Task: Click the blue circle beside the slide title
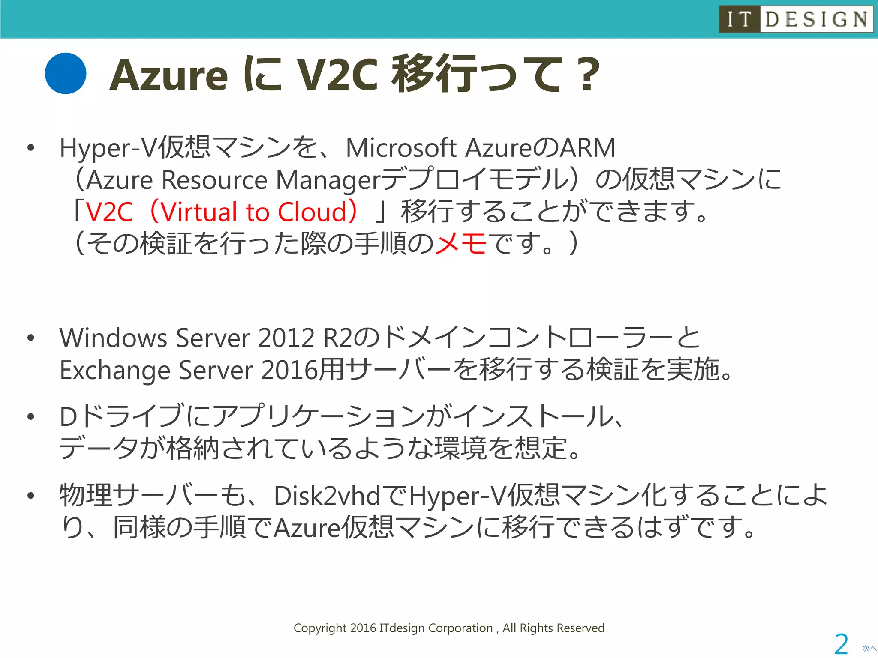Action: [66, 73]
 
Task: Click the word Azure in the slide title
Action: [168, 75]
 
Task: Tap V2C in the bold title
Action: [337, 75]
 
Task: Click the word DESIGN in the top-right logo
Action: [816, 19]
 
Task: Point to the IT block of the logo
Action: [740, 19]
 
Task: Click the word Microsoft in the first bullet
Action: [401, 148]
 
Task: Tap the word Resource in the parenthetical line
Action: [214, 180]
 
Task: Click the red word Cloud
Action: [312, 212]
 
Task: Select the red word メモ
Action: [461, 243]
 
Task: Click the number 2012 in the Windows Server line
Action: [286, 338]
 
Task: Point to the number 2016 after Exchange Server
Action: [290, 370]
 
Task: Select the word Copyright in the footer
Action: [320, 628]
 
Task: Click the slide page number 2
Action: [841, 644]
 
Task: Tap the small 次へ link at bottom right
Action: [869, 649]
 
